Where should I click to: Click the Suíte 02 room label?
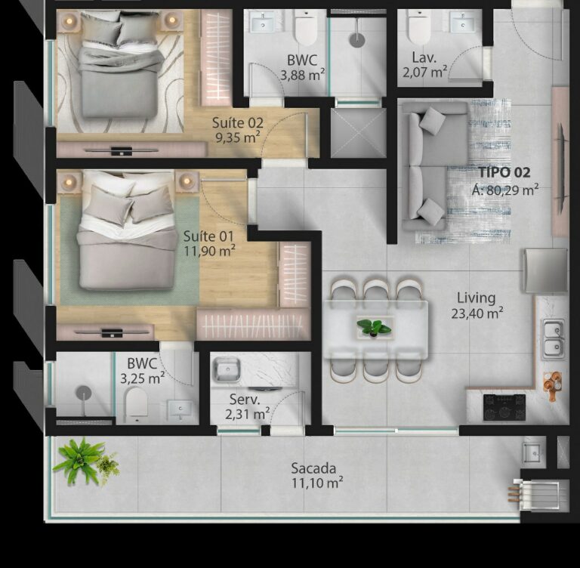[x=236, y=122]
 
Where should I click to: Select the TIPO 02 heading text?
[x=504, y=173]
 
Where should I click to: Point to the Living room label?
[x=476, y=298]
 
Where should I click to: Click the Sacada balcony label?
[x=313, y=468]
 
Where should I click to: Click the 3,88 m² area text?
[x=302, y=75]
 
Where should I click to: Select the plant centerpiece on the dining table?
[x=374, y=327]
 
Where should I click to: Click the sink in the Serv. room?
[x=226, y=369]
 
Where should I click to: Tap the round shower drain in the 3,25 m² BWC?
[x=83, y=393]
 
